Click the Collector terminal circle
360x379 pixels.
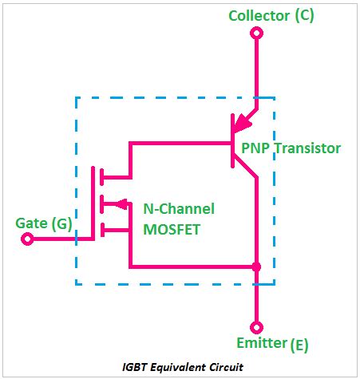(256, 33)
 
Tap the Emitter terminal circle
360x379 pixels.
(256, 327)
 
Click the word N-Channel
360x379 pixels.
(179, 209)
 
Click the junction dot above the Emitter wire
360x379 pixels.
(256, 266)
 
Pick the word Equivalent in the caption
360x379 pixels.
(175, 367)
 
